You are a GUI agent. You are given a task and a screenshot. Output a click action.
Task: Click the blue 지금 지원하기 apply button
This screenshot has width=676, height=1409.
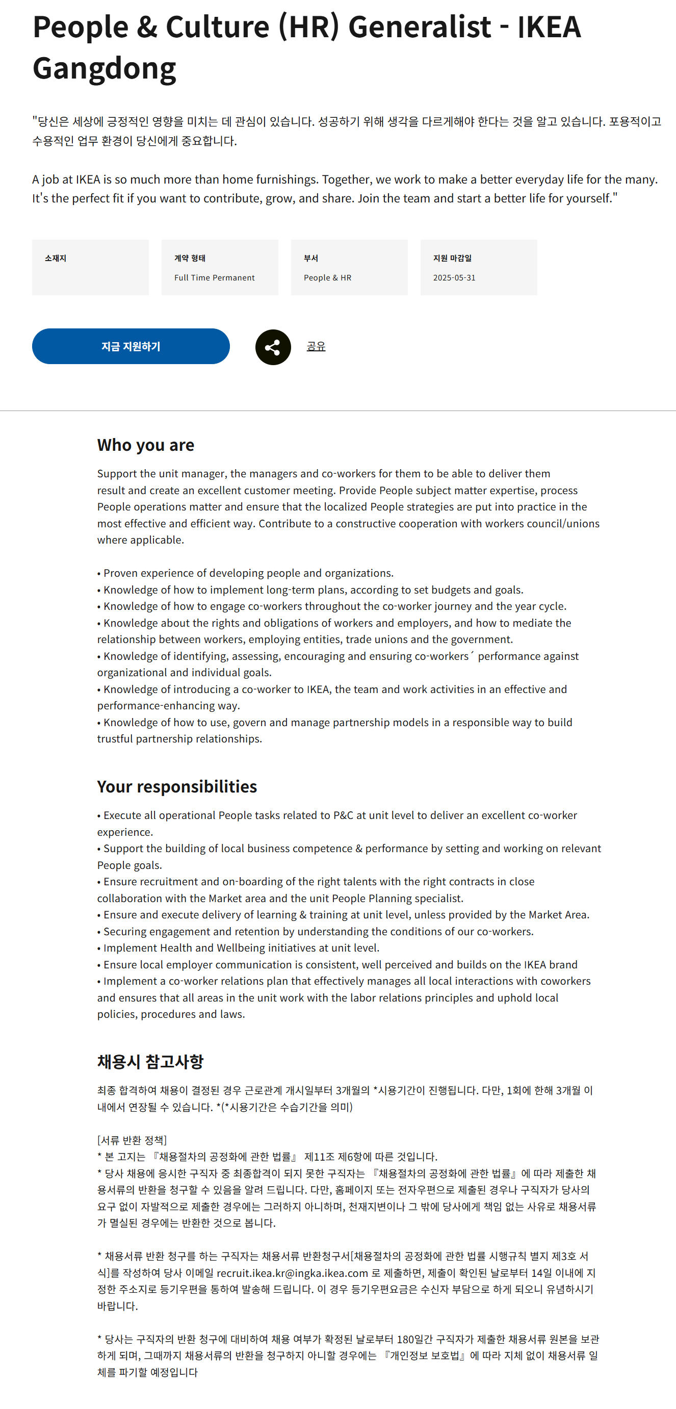(131, 346)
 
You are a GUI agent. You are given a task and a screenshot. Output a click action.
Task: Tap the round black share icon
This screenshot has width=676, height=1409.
(273, 347)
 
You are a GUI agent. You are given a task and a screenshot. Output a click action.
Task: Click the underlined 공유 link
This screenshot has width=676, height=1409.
(316, 346)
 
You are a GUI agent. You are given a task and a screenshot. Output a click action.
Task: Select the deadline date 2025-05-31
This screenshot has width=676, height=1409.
(454, 278)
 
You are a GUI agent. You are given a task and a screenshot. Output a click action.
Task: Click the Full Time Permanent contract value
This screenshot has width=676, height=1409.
(215, 278)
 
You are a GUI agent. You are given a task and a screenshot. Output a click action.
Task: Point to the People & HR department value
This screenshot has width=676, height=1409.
(328, 278)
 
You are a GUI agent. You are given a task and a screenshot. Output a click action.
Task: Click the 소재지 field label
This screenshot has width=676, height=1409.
(55, 258)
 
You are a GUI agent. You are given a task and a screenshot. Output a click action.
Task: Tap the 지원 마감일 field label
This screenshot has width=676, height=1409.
(452, 258)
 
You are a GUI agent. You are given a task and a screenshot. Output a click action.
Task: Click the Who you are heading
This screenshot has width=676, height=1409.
(145, 445)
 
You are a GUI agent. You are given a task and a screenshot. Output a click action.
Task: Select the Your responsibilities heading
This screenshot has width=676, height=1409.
(177, 786)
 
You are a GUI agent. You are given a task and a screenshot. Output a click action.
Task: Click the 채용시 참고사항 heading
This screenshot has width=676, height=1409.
(150, 1062)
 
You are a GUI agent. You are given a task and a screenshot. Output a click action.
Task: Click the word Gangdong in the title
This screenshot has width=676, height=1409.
(105, 68)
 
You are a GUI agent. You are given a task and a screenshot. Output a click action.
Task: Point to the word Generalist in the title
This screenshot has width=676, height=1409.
(420, 27)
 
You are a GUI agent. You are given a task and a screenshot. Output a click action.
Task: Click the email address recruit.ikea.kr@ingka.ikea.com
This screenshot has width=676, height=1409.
(292, 1273)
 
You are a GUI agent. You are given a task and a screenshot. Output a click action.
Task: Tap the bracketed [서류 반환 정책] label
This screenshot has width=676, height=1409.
(132, 1140)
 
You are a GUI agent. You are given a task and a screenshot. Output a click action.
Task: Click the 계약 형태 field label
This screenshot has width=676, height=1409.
(190, 258)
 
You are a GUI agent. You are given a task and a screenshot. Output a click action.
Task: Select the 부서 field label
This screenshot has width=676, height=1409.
(310, 258)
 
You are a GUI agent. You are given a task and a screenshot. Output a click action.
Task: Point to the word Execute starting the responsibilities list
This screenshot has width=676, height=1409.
(122, 815)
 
